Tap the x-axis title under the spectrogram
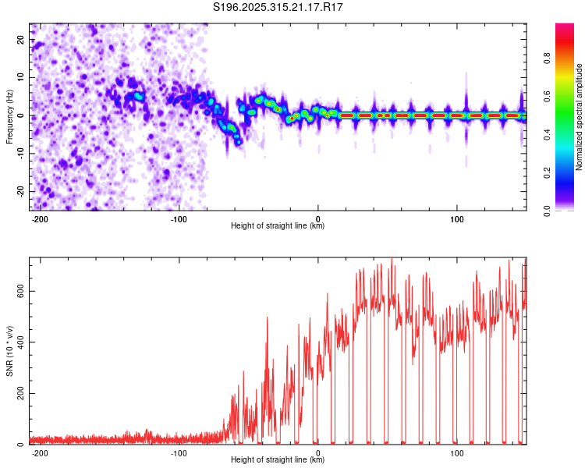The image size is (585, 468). pyautogui.click(x=278, y=226)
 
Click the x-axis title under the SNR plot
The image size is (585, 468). pyautogui.click(x=278, y=461)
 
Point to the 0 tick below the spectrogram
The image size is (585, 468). pyautogui.click(x=317, y=218)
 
